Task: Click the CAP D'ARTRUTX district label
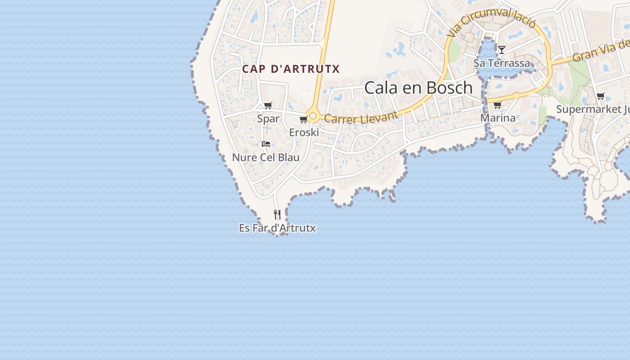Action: click(291, 69)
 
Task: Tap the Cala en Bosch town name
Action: click(418, 88)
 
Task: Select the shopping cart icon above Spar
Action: click(268, 106)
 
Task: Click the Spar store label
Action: click(268, 119)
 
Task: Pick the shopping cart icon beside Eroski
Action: click(303, 120)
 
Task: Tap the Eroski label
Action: click(304, 132)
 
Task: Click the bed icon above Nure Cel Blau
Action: click(266, 144)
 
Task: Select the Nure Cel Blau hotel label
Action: click(265, 157)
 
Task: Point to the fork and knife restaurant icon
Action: click(277, 215)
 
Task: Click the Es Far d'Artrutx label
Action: click(277, 228)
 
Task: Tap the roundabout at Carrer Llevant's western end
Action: click(313, 116)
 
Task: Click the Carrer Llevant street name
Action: click(361, 118)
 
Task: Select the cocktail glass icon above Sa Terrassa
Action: click(502, 49)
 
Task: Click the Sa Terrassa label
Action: click(502, 63)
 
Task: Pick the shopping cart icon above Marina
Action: click(497, 105)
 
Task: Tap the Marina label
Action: click(498, 118)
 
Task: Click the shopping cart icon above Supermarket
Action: click(600, 96)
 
